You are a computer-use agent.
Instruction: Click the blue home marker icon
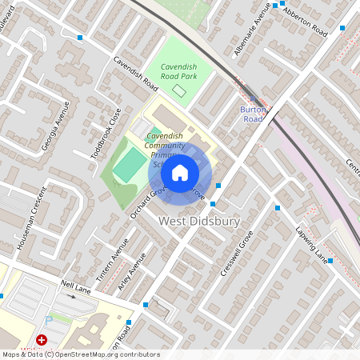pos(180,172)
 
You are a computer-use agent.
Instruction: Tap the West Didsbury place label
pos(199,221)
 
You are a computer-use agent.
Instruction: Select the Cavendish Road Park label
pos(178,71)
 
